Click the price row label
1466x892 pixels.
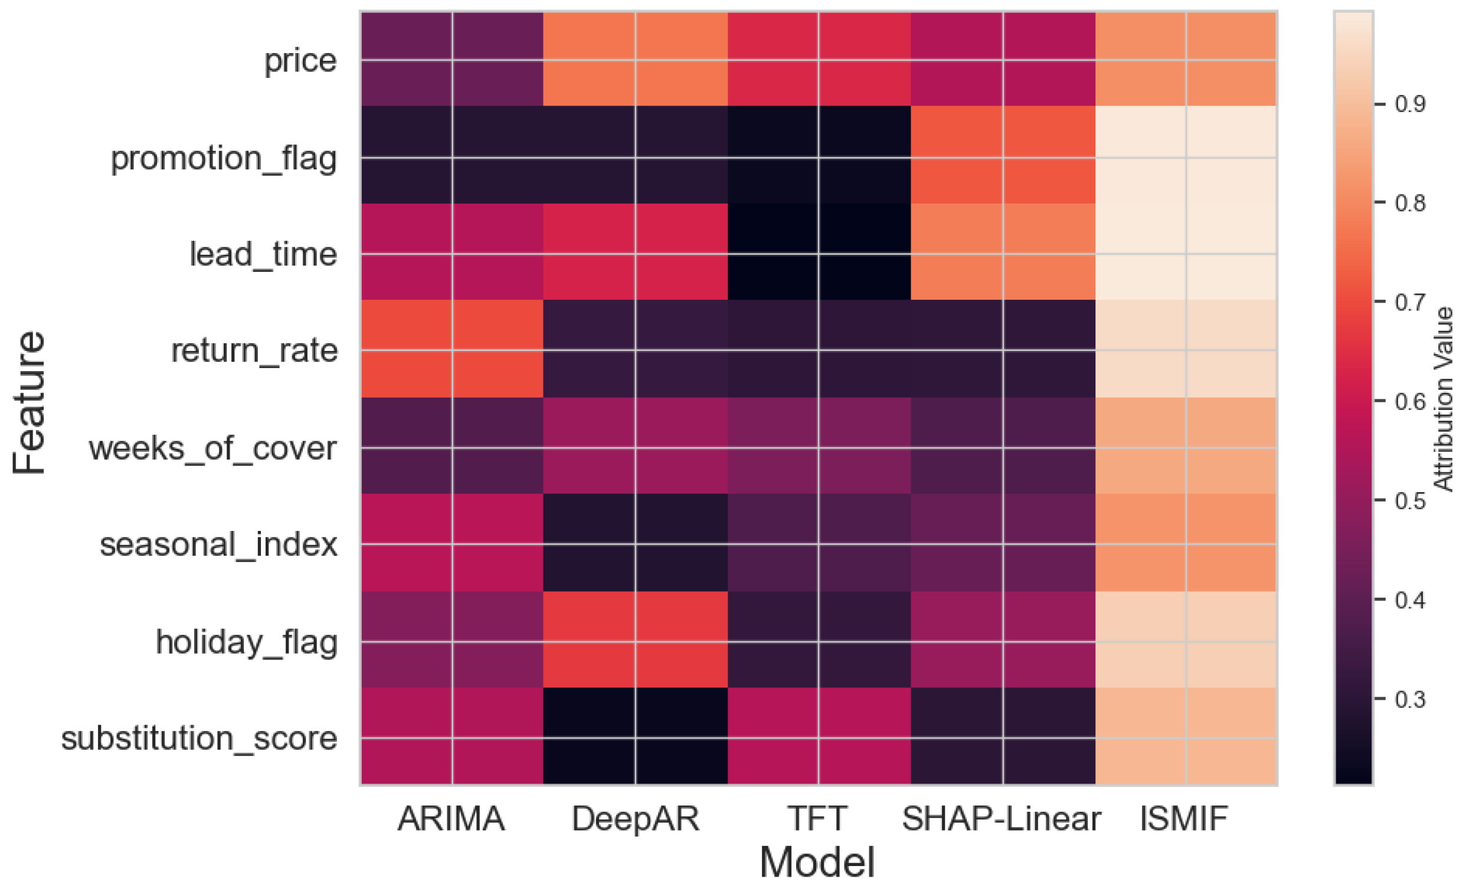tap(300, 60)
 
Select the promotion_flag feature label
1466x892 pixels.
tap(224, 158)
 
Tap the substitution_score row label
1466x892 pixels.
tap(199, 738)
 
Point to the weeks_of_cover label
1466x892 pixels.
tap(213, 448)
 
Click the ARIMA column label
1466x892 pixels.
tap(451, 818)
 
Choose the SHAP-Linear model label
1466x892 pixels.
tap(1002, 818)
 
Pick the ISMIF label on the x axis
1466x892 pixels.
tap(1184, 818)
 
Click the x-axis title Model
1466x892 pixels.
tap(817, 863)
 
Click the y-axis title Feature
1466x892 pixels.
tap(28, 402)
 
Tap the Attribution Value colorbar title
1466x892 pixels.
tap(1445, 398)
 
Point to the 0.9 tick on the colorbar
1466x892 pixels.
tap(1410, 104)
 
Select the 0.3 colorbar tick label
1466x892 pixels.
tap(1410, 699)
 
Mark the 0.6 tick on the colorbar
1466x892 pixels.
tap(1410, 401)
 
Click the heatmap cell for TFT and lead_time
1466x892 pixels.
tap(819, 252)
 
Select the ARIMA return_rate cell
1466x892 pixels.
tap(451, 349)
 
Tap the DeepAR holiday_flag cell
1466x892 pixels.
tap(635, 640)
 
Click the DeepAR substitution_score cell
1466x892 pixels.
tap(635, 736)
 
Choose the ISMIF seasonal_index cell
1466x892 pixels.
tap(1186, 543)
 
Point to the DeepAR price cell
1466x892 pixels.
tap(635, 59)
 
